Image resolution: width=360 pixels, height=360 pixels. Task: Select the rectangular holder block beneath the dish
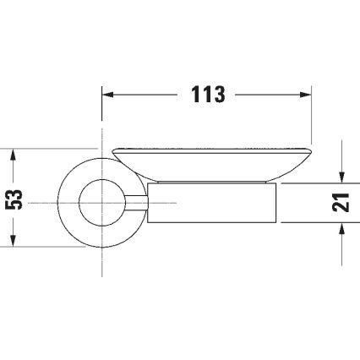tap(211, 202)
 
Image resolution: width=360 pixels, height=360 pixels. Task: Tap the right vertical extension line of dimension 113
tap(312, 118)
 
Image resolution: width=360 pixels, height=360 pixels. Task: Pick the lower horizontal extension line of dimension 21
tap(313, 222)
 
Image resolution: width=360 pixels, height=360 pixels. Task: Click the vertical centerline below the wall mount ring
tap(102, 262)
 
